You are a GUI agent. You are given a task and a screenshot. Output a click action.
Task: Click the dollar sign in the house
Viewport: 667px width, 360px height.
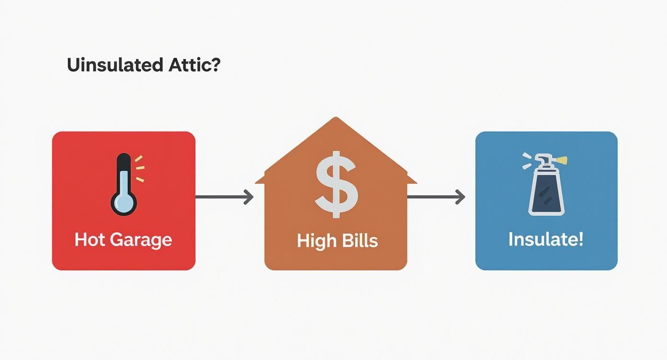(336, 184)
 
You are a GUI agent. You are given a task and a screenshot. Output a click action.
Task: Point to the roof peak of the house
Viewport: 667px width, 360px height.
(336, 120)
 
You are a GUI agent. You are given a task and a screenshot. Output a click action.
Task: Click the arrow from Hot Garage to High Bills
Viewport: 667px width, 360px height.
(224, 196)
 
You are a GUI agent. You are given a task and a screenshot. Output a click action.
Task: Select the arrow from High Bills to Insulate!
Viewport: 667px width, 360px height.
(436, 196)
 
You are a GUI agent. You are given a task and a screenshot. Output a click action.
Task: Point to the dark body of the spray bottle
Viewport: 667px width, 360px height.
(546, 194)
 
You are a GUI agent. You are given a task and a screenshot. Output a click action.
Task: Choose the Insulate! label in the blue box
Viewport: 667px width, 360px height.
(546, 239)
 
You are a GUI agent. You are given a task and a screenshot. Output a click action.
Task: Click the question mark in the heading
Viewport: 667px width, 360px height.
(215, 65)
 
